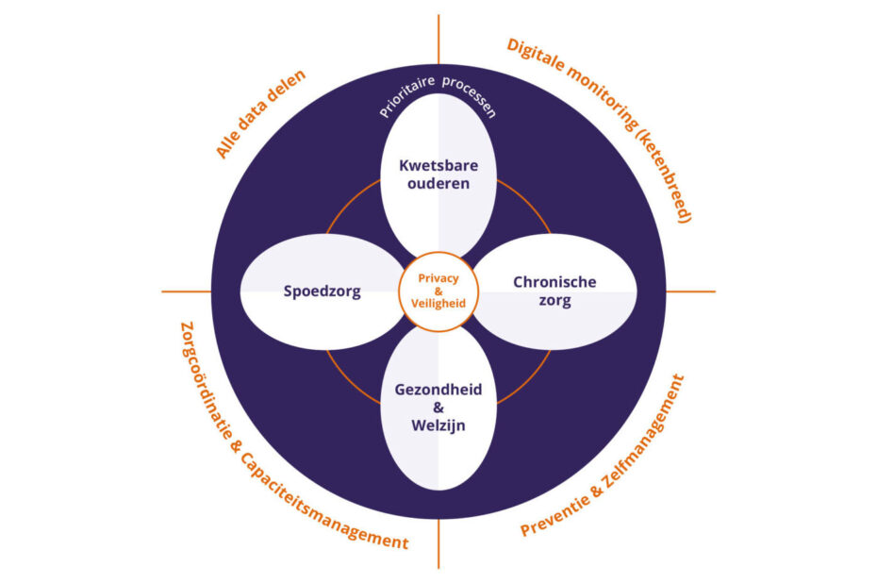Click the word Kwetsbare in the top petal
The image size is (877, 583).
pos(438,166)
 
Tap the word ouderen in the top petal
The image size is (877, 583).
pos(438,184)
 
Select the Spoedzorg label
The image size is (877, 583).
pos(323,291)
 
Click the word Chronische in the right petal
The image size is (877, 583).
pos(554,282)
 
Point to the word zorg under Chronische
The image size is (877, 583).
pos(554,300)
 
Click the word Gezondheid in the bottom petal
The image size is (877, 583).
pos(438,390)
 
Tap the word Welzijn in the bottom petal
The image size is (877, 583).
pos(438,425)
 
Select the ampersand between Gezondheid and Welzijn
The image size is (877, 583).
pos(438,408)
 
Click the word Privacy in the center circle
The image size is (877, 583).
pos(438,278)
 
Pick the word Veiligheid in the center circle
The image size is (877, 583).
pos(438,303)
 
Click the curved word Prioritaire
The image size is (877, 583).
pos(406,95)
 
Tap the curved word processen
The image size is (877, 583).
pos(470,96)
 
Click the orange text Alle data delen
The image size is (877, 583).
pos(260,114)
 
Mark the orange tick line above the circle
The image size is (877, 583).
pos(438,40)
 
